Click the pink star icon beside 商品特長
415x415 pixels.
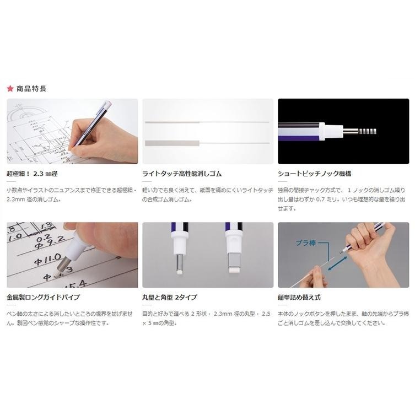click(x=9, y=88)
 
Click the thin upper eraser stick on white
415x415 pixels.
click(x=207, y=121)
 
